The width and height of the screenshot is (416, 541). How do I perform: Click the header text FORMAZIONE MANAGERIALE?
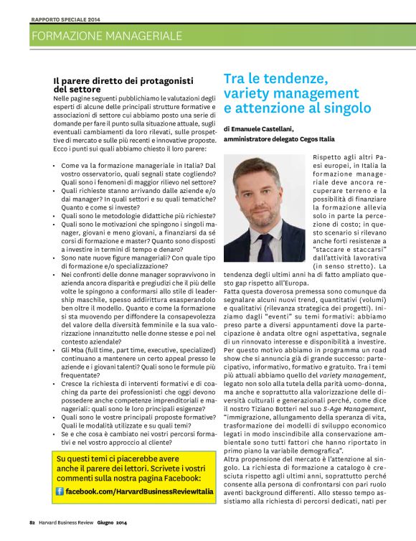[107, 35]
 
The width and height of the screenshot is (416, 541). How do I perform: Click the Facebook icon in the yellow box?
[60, 491]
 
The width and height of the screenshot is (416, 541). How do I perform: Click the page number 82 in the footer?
[33, 522]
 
